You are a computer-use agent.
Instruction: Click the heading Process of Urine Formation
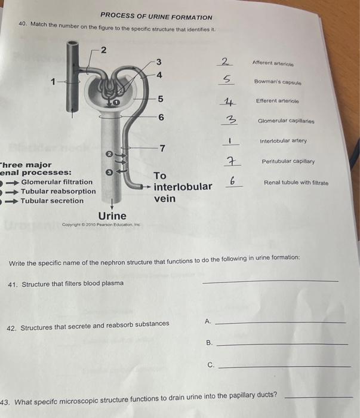[x=156, y=17]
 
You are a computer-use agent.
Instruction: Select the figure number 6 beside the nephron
[x=161, y=117]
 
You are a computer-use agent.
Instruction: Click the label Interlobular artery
[x=283, y=141]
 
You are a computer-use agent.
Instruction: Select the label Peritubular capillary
[x=288, y=161]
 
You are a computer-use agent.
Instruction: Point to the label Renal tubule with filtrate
[x=296, y=182]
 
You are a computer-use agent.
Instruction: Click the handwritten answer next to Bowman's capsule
[x=227, y=79]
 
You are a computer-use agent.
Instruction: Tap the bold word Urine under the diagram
[x=112, y=216]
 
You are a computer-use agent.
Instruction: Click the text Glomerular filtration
[x=57, y=182]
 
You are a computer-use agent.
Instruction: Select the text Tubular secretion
[x=53, y=201]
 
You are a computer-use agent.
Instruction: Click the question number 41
[x=12, y=284]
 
